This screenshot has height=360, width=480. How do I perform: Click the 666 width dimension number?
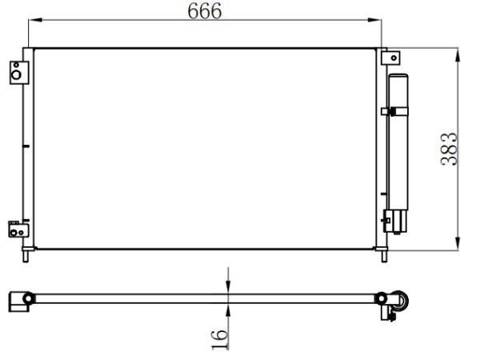point(205,10)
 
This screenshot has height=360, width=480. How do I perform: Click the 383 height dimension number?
point(449,150)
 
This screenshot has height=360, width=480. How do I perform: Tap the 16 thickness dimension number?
point(219,339)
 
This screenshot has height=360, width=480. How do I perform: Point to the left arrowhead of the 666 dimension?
point(35,20)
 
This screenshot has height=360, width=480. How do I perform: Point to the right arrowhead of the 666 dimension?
point(374,20)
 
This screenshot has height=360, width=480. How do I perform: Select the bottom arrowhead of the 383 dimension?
point(458,243)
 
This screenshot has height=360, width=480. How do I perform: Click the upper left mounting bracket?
point(19,73)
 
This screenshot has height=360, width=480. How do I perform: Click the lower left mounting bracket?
point(18,230)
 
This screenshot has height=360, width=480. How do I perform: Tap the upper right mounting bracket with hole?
point(390,58)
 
